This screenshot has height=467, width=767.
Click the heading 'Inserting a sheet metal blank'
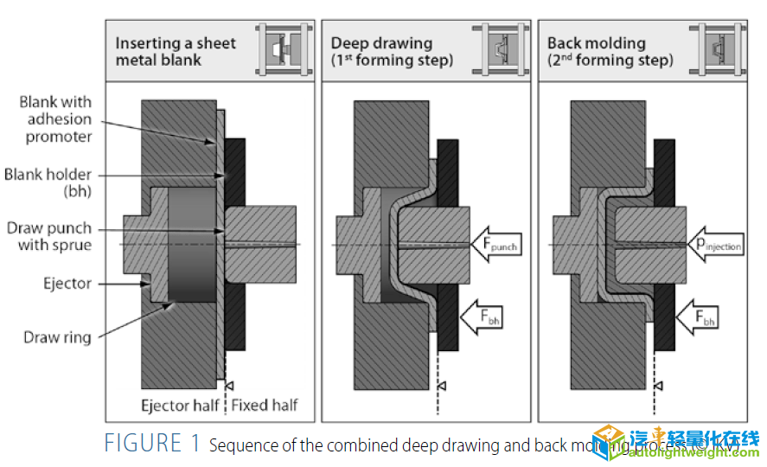pyautogui.click(x=176, y=51)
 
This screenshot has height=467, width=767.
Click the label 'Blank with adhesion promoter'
pyautogui.click(x=55, y=119)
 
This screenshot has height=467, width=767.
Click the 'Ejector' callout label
pyautogui.click(x=67, y=284)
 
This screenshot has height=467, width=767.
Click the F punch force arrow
pyautogui.click(x=495, y=245)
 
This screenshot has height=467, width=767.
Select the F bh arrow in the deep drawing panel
pyautogui.click(x=481, y=317)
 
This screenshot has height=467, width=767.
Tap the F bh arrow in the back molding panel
pyautogui.click(x=699, y=317)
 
